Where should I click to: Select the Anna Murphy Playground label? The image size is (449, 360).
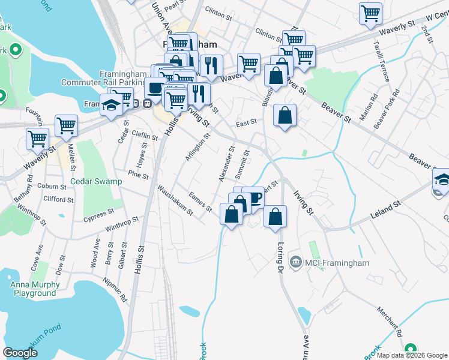pos(33,289)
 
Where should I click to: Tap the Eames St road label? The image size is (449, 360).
pos(200,202)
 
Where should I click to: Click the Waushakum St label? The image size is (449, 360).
pos(175,200)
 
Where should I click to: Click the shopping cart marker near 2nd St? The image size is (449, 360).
pos(371,13)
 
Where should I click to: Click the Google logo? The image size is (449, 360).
pos(20,352)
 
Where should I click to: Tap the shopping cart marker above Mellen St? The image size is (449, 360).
pos(66,125)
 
